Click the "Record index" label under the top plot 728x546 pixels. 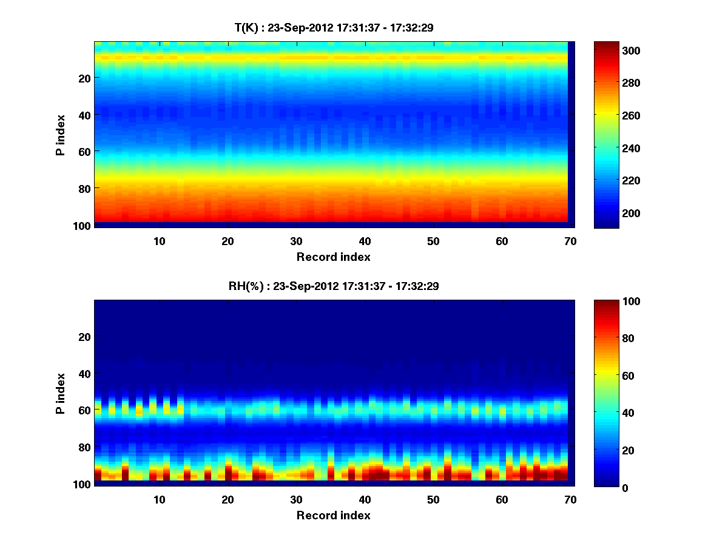coord(333,257)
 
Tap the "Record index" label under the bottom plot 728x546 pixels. coord(333,515)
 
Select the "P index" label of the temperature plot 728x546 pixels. coord(61,134)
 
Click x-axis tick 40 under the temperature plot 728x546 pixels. coord(365,241)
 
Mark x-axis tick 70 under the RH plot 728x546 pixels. coord(570,499)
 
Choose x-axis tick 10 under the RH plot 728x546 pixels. coord(159,499)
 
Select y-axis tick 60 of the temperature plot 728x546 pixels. coord(84,151)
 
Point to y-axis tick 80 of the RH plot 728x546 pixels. coord(84,448)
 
